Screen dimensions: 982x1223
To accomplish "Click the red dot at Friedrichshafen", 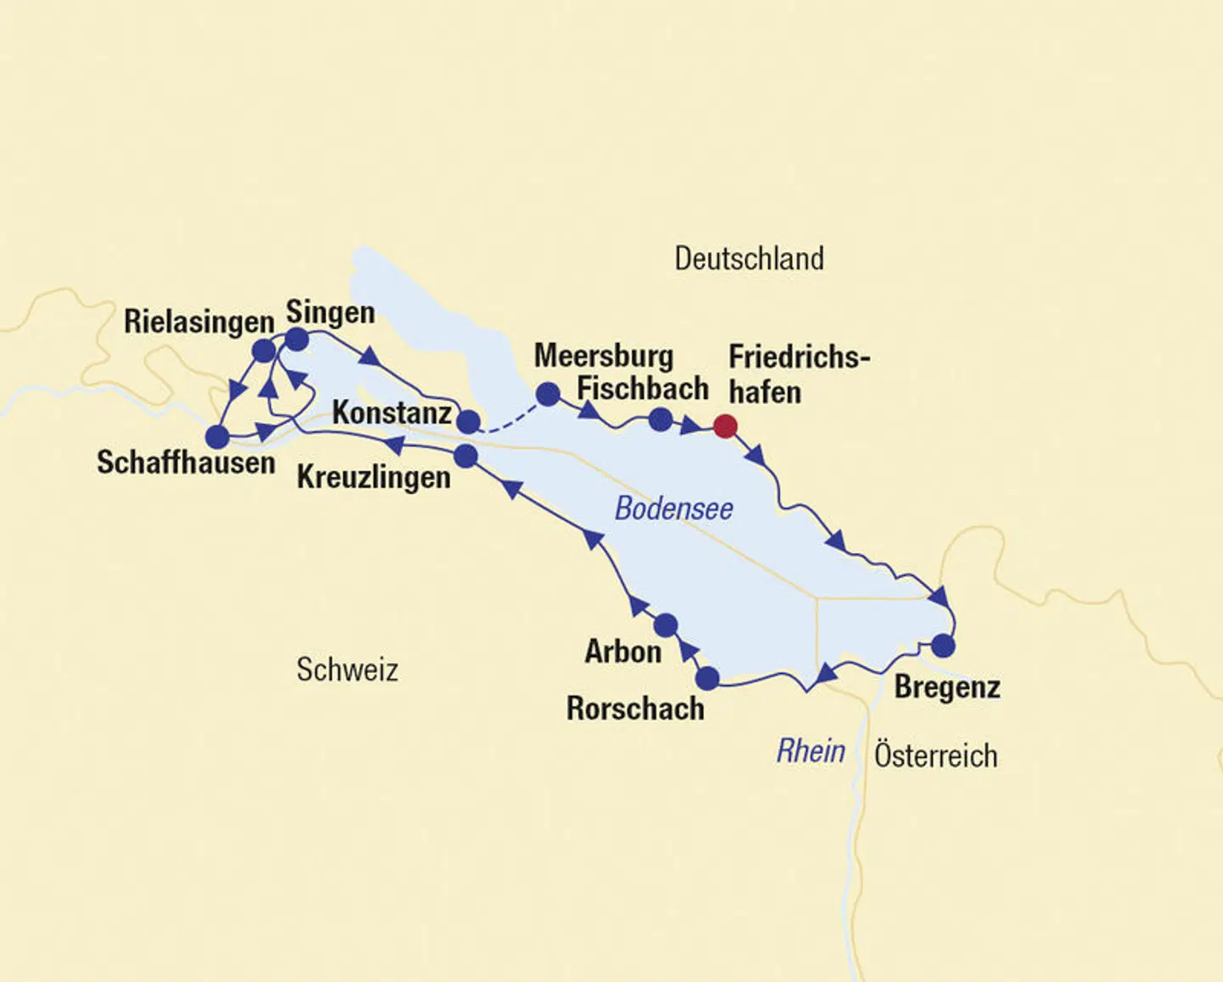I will tap(724, 426).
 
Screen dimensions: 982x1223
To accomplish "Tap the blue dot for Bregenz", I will tap(943, 646).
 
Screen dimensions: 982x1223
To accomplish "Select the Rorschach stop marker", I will tap(707, 678).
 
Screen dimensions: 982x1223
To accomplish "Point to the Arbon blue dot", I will tap(666, 626).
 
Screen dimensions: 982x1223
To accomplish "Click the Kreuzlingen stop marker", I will tap(465, 457).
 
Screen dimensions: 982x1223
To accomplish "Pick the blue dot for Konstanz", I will tap(469, 421).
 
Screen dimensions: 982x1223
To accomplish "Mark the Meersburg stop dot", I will tap(548, 394).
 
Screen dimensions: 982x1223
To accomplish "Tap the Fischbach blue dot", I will tap(660, 419).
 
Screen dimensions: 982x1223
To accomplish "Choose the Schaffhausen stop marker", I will tap(217, 437).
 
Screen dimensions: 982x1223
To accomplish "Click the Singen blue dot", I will tap(296, 339).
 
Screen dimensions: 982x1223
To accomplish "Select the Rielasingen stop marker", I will tap(264, 351).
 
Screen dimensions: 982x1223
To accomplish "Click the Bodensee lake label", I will tap(673, 508).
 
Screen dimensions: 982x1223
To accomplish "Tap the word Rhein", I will tap(811, 751).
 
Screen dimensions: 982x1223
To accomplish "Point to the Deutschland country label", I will tap(749, 258).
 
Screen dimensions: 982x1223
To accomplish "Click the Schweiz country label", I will tap(347, 670).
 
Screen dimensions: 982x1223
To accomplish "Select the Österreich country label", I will tap(936, 755).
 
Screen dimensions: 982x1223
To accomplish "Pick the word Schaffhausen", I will tap(186, 463).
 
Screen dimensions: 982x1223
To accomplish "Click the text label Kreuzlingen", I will tap(374, 478).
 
